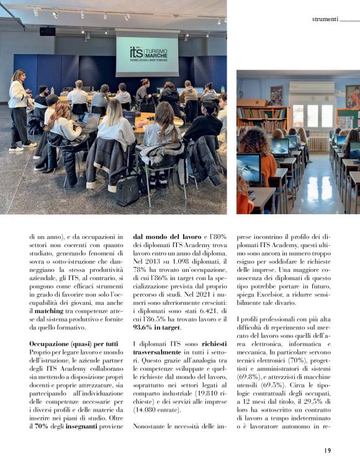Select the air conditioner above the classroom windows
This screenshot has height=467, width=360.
coord(312,88)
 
